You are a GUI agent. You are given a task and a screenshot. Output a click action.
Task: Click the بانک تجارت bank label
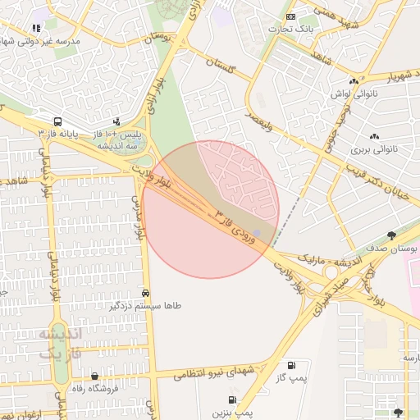tap(292, 30)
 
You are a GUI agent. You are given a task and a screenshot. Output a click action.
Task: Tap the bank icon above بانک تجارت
tap(290, 16)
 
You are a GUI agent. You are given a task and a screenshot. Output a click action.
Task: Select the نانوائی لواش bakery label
tap(352, 94)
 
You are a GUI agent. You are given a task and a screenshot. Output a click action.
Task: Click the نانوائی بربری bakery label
tap(374, 149)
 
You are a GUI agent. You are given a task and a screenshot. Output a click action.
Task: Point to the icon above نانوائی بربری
tap(374, 136)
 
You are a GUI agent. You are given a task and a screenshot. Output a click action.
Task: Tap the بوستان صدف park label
tap(392, 247)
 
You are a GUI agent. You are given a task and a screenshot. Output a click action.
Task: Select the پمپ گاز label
tap(290, 377)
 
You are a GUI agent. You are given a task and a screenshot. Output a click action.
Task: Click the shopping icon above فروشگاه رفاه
tap(95, 376)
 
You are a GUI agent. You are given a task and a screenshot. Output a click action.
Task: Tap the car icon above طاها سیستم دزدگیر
tap(146, 292)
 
